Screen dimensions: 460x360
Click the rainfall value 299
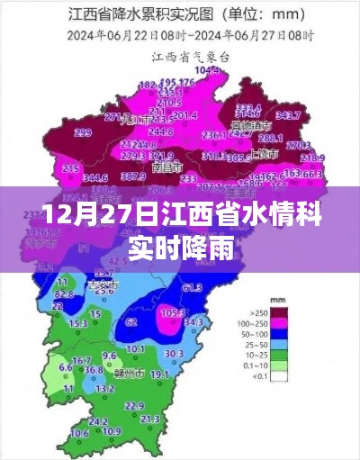[x=83, y=132]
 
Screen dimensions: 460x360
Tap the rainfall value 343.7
[x=287, y=115]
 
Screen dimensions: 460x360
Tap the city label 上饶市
[x=264, y=154]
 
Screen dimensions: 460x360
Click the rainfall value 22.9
[x=134, y=406]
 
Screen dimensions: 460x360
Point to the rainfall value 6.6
[x=65, y=367]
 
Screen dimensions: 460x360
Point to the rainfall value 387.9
[x=133, y=176]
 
